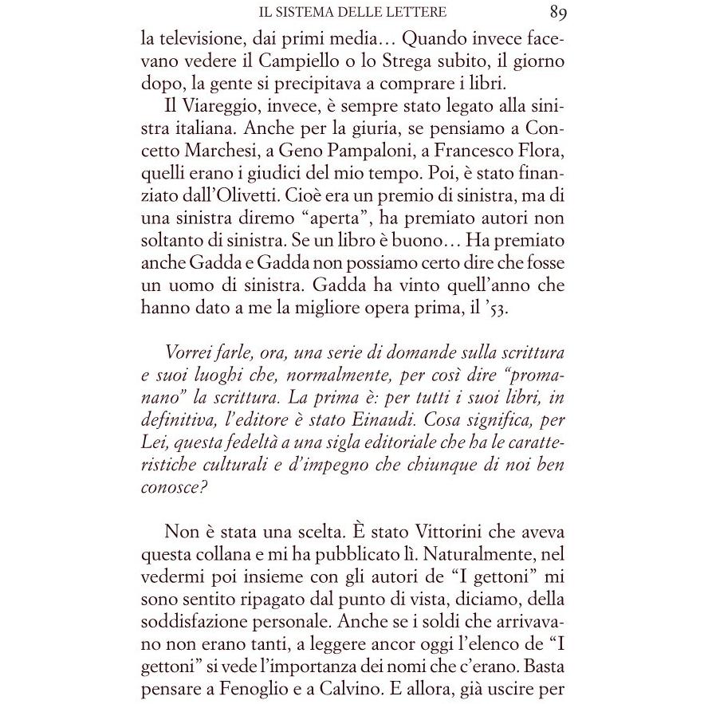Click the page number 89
(x=557, y=12)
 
